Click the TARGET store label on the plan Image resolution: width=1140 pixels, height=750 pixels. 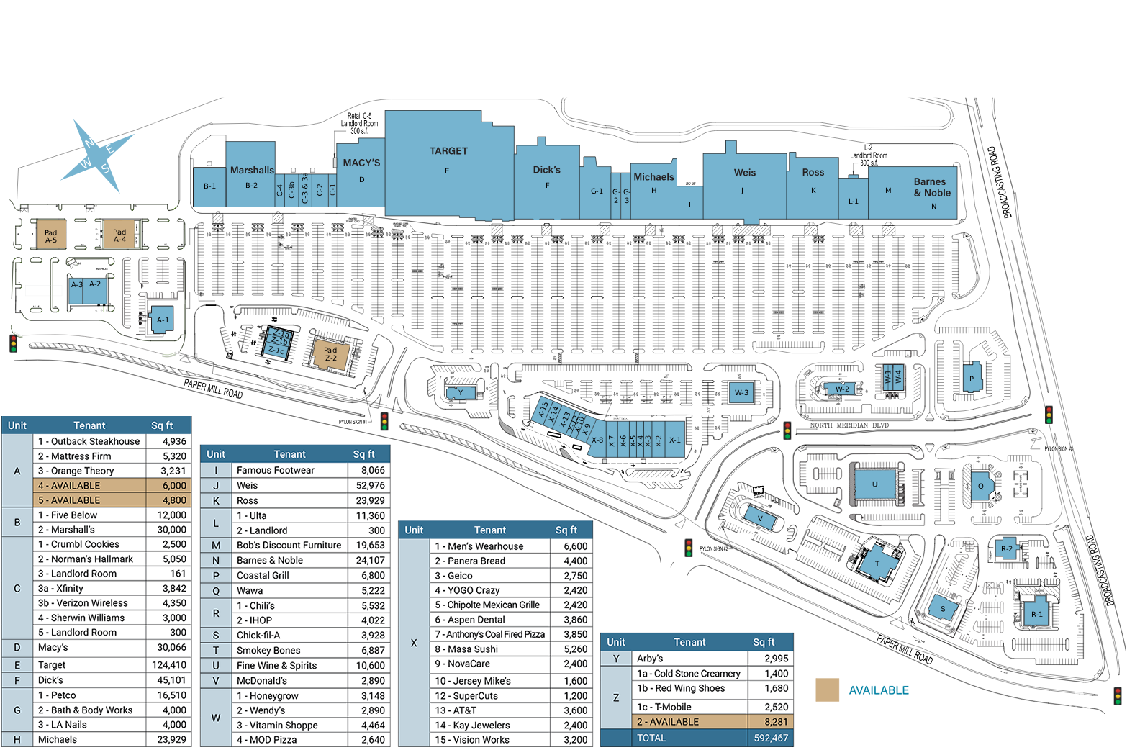pos(448,151)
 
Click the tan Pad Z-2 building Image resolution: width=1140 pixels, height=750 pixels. pos(330,353)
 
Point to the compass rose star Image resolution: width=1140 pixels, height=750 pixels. pos(96,156)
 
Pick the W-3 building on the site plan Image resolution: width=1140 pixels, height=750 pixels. pos(741,392)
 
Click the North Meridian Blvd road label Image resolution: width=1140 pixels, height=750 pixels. pos(849,425)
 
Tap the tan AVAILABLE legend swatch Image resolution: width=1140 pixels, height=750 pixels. pos(827,690)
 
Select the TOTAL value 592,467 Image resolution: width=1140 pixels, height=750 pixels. pos(770,738)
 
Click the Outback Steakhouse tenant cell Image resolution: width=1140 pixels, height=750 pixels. pos(89,441)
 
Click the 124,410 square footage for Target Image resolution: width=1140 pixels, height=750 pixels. pos(169,665)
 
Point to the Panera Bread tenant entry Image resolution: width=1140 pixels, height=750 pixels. pos(470,561)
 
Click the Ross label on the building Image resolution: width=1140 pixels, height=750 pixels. pos(813,173)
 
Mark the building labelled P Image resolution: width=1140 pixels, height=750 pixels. pos(972,378)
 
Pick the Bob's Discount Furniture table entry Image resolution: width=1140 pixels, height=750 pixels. pos(289,546)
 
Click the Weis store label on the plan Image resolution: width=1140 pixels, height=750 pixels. pos(745,173)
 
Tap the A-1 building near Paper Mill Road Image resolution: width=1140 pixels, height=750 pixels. pos(163,320)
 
